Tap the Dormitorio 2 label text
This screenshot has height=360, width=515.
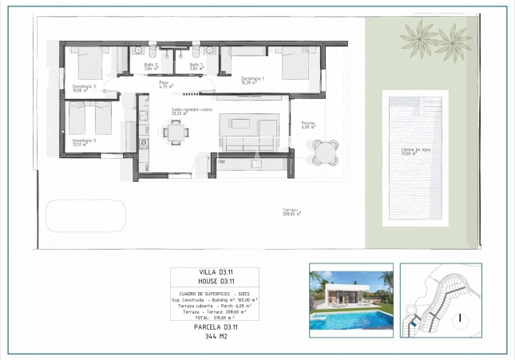click(x=84, y=88)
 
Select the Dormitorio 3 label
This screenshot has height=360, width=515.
click(x=84, y=142)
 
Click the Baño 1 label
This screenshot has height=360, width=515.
click(x=197, y=66)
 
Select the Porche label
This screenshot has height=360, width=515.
click(x=308, y=125)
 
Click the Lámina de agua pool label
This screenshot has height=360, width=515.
click(x=414, y=151)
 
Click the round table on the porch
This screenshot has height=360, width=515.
click(x=324, y=151)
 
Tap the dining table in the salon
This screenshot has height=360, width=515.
click(x=176, y=133)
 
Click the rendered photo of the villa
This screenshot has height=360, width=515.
click(x=351, y=296)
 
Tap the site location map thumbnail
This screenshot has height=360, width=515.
click(x=440, y=296)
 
